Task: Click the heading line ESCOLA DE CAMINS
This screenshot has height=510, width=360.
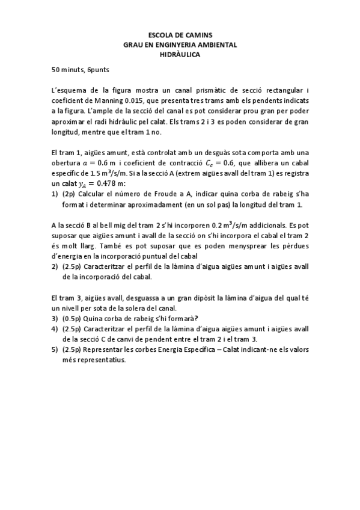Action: click(180, 35)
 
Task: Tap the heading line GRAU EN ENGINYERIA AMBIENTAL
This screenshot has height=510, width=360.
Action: click(180, 45)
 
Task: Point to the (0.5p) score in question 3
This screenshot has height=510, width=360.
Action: click(73, 318)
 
